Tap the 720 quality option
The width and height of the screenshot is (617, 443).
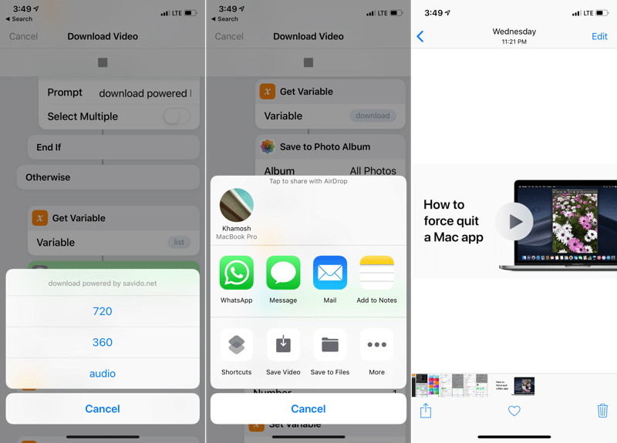[x=103, y=311]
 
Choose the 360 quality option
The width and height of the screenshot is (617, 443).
[x=103, y=342]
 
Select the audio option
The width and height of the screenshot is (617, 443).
[x=103, y=374]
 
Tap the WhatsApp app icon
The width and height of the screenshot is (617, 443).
[x=236, y=274]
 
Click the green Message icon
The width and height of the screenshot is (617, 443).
[x=283, y=274]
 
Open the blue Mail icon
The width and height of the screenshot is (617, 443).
[x=330, y=274]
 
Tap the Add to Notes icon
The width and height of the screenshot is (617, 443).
[x=376, y=274]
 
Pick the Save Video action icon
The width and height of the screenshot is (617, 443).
[x=283, y=345]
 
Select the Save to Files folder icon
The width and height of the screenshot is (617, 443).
[x=330, y=345]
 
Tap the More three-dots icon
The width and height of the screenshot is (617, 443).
[x=376, y=345]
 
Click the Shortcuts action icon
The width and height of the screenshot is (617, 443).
[x=236, y=345]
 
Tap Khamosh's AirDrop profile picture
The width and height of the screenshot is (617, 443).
[x=237, y=205]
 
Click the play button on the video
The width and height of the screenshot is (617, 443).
[x=514, y=222]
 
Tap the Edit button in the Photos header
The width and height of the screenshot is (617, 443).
[x=599, y=36]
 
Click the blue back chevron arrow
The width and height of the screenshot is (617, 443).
[x=420, y=36]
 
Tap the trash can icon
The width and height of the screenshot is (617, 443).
[x=602, y=411]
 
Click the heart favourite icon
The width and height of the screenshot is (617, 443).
[x=514, y=411]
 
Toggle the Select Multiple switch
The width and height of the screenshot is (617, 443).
[x=177, y=116]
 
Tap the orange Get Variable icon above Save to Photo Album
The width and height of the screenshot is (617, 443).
[x=267, y=91]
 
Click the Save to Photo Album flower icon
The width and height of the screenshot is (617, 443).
[x=267, y=146]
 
